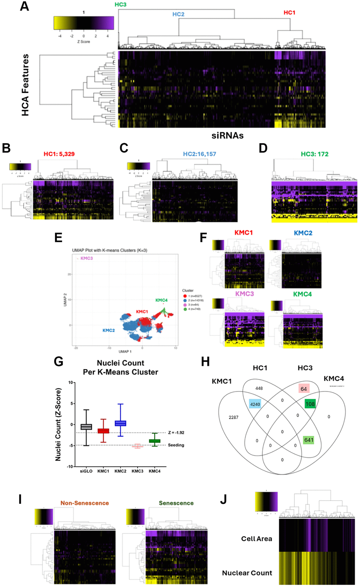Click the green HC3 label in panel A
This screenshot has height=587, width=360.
coord(120,5)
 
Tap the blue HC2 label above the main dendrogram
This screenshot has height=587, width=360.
coord(178,14)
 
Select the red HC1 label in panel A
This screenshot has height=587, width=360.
coord(289,12)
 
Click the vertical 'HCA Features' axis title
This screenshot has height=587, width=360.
coord(25,85)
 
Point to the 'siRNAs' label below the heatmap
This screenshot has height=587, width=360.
coord(227,135)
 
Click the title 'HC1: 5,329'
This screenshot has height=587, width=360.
coord(59,154)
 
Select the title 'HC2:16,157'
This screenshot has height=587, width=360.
coord(199,154)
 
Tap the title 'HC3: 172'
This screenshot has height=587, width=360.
coord(314,154)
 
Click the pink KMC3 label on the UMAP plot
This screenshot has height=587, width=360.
coord(86,258)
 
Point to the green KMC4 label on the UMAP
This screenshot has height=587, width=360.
coord(161,300)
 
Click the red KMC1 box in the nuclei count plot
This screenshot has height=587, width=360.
coord(103,431)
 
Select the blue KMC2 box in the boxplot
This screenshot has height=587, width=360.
coord(120,423)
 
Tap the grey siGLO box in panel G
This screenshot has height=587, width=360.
coord(86,426)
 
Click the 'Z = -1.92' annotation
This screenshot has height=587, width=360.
coord(176,432)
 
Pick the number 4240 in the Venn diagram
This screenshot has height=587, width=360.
coord(255,404)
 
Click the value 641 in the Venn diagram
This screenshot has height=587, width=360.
coord(308,440)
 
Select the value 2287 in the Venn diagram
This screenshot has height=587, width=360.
coord(233,417)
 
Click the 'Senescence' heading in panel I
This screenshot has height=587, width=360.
coord(176,503)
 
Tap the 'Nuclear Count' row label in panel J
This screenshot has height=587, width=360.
coord(247,573)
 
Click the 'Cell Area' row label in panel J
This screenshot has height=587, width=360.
coord(257,539)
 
